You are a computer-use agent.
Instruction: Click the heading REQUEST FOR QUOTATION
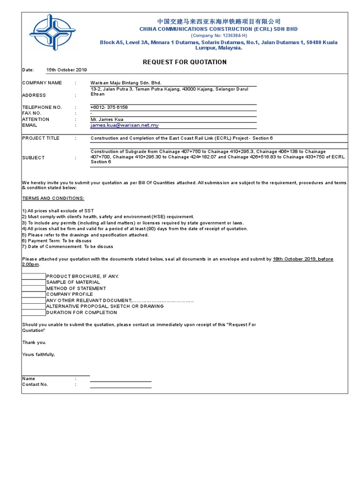tap(184, 62)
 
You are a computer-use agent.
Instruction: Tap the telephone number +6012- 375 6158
tap(109, 107)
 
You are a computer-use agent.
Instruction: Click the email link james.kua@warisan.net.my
tap(125, 126)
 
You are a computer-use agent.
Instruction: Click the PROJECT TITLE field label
tap(41, 138)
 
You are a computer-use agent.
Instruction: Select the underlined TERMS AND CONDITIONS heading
tap(53, 198)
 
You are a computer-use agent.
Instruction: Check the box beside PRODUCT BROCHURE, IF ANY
tap(34, 276)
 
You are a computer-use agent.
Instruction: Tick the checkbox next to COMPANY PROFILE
tap(34, 294)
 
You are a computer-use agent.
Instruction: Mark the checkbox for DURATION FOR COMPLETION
tap(34, 313)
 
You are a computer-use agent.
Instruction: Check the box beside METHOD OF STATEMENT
tap(34, 288)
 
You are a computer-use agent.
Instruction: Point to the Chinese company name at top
tap(218, 22)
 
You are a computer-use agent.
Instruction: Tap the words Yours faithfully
tap(38, 354)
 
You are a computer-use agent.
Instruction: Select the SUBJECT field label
tap(33, 157)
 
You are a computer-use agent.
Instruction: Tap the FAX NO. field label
tap(32, 113)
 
